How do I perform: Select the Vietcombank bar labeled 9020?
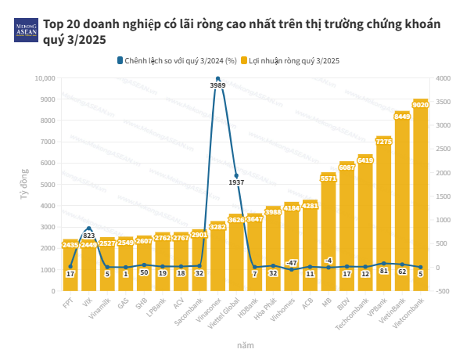point(421,196)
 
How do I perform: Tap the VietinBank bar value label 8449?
point(402,116)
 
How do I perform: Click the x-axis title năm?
point(245,344)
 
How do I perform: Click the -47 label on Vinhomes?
point(292,262)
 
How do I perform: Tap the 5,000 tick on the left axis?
point(45,185)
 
